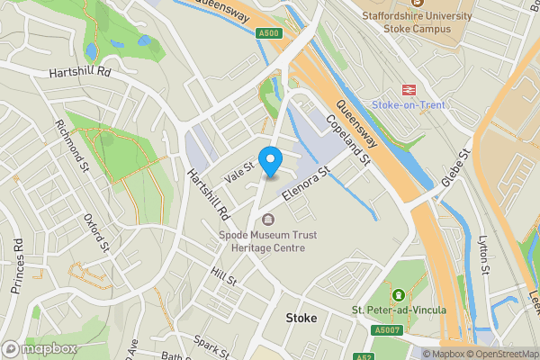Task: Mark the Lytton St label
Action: coord(483,256)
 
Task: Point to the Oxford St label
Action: coord(95,233)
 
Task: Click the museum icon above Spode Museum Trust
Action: coord(267,220)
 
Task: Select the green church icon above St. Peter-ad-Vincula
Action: coord(397,295)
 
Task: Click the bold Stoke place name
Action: coord(302,318)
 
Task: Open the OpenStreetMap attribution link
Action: coord(501,354)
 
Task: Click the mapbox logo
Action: coord(40,348)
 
